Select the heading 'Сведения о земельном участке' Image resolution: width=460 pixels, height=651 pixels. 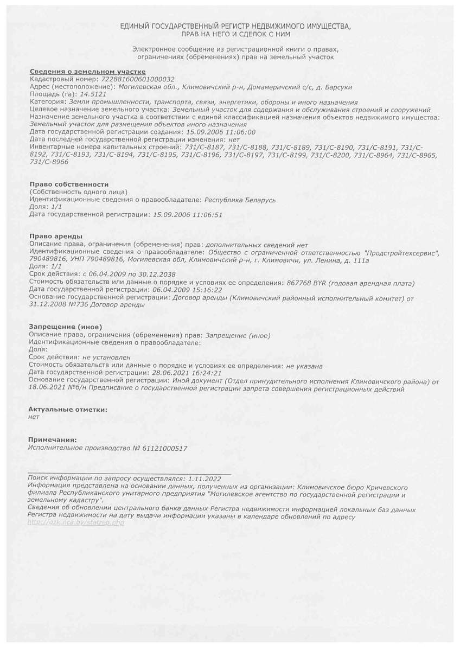[x=87, y=72]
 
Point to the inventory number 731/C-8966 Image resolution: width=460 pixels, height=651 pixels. [x=49, y=162]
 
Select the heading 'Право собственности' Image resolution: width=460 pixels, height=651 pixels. [x=69, y=184]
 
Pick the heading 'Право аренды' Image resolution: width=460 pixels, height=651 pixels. [x=56, y=237]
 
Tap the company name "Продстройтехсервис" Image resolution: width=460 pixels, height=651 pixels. [x=401, y=252]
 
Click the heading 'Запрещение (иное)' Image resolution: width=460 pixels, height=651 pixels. [x=66, y=328]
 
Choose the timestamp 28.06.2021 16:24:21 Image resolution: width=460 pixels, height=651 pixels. [x=187, y=373]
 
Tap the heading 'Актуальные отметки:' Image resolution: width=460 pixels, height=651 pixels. [x=68, y=410]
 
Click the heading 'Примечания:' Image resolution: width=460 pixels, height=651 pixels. [x=52, y=440]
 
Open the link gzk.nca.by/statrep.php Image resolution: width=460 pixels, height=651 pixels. [x=75, y=522]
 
